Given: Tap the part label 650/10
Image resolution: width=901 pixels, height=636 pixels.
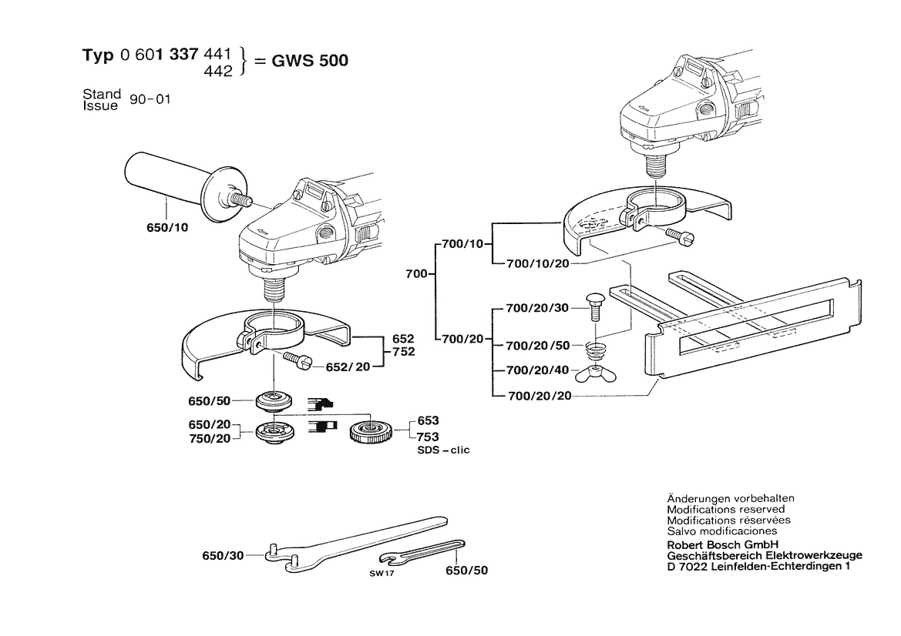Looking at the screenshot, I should coord(166,228).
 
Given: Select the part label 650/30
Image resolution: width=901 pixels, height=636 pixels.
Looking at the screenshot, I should coord(223,555).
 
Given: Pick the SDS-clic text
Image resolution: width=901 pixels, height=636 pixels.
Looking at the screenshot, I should coord(443,450).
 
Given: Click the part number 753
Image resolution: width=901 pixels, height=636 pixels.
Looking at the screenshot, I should coord(429,437).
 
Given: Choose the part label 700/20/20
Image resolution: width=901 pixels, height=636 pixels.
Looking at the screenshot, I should coord(540,397).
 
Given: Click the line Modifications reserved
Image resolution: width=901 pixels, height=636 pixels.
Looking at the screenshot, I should coord(725,510).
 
